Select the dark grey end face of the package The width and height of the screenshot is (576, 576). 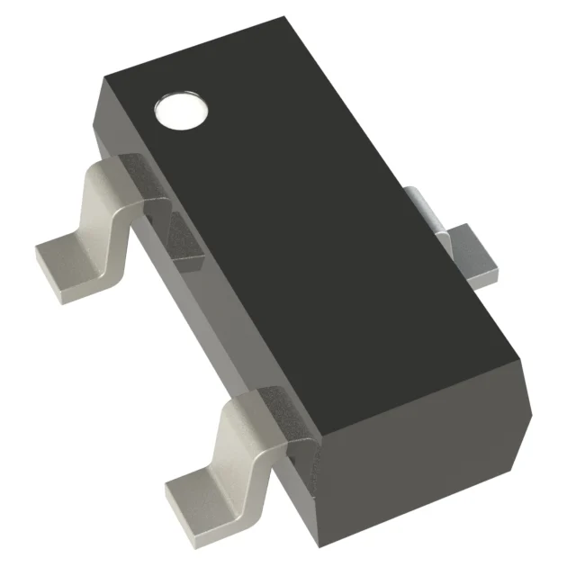coord(423,459)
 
